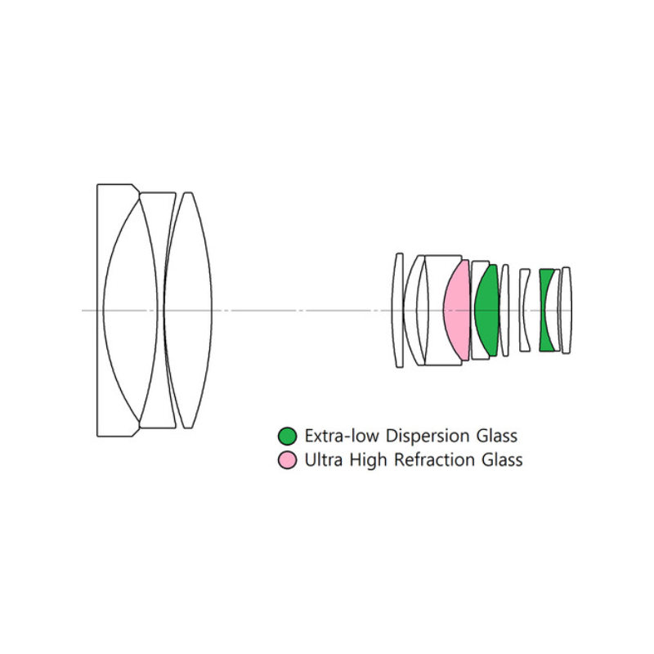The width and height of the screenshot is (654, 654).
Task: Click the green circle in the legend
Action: click(287, 435)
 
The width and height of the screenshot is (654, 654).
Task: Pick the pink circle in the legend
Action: click(287, 459)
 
